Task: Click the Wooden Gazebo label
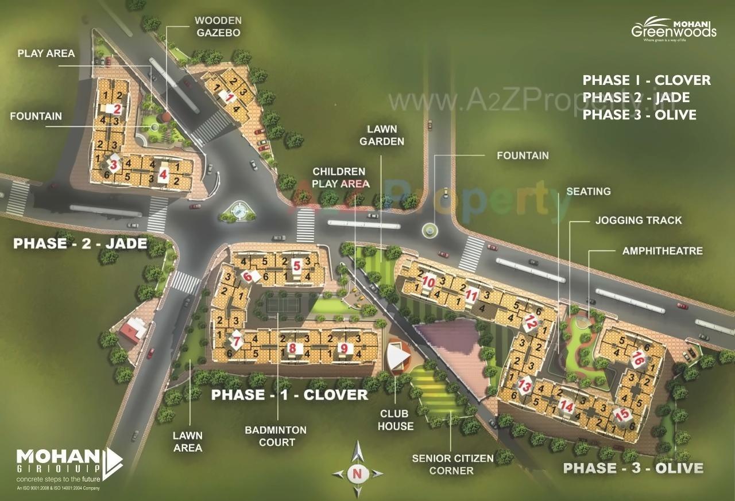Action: [x=218, y=26]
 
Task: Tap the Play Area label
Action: [x=46, y=53]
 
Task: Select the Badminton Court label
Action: [x=276, y=436]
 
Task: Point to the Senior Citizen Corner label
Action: [x=452, y=464]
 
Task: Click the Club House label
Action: [x=395, y=420]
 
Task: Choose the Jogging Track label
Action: [x=639, y=220]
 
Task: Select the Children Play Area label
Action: [x=339, y=177]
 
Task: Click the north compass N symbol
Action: [x=357, y=473]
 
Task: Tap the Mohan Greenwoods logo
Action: [x=674, y=29]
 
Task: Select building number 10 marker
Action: [x=428, y=282]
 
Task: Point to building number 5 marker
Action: [x=296, y=265]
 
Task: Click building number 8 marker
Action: [x=292, y=348]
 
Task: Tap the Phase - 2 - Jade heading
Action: [x=80, y=243]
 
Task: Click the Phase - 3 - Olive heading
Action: [x=633, y=468]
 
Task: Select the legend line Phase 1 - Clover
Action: [x=647, y=80]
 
